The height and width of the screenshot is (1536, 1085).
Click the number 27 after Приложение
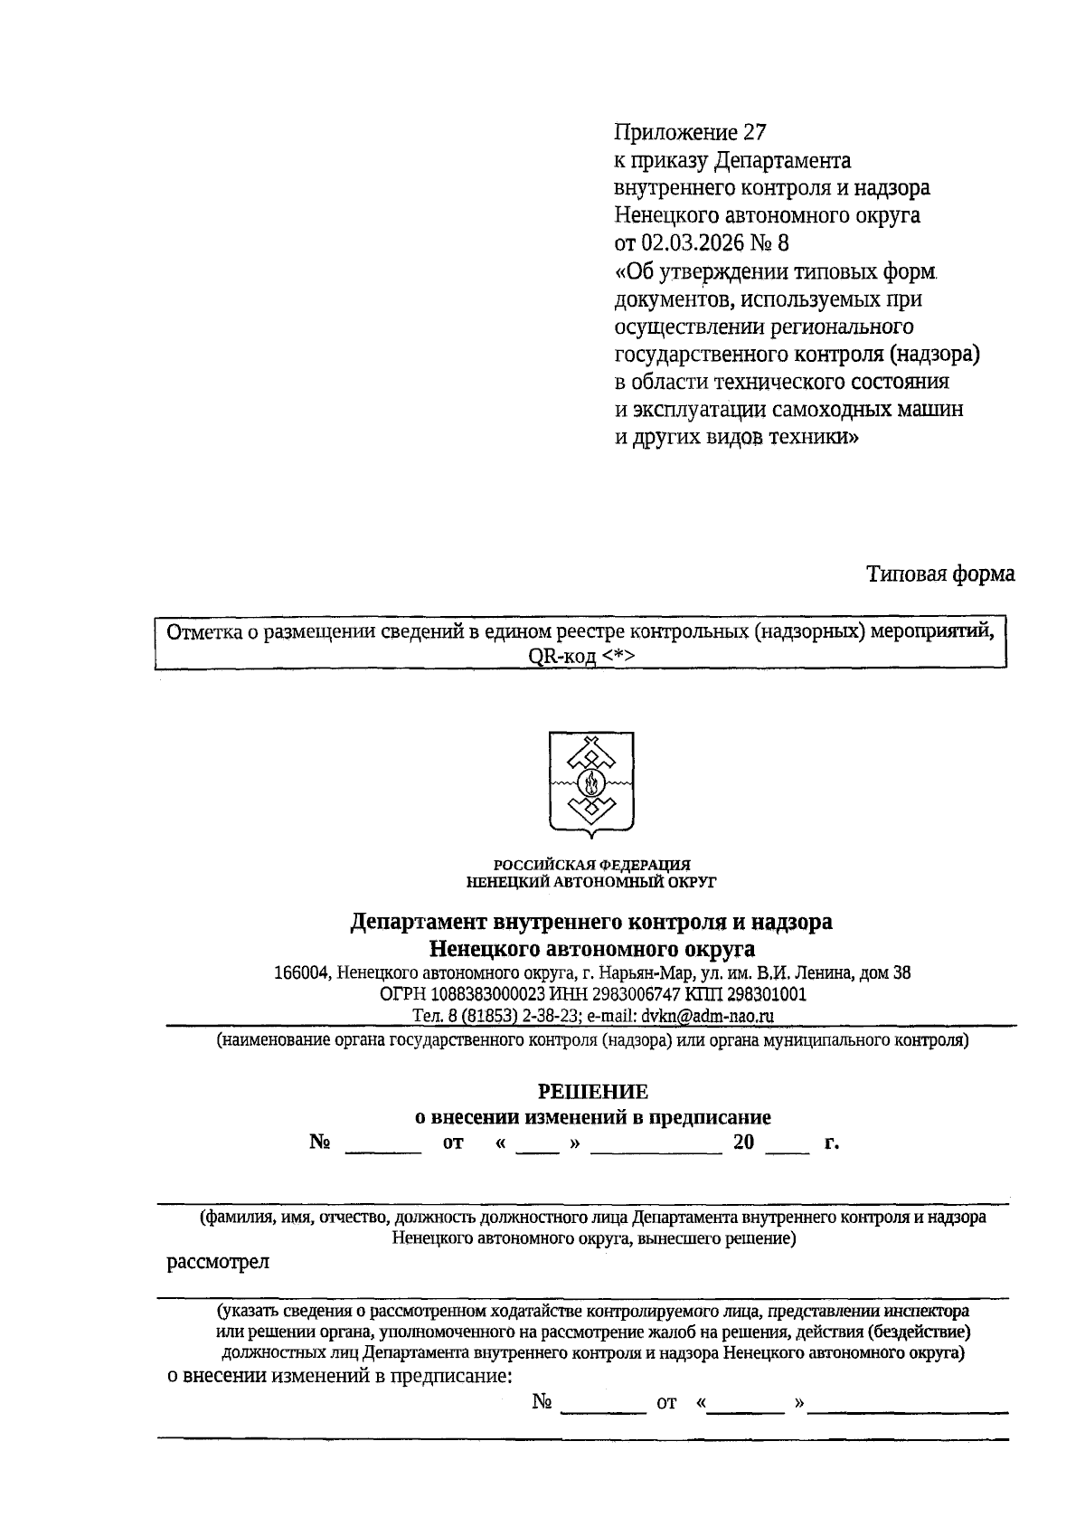754,133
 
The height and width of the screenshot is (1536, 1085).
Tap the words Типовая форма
940,574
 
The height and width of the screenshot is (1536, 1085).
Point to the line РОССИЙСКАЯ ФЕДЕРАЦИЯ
591,865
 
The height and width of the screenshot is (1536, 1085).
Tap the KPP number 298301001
769,995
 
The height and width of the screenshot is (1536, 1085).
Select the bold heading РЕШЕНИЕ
593,1092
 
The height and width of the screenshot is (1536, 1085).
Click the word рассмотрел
218,1262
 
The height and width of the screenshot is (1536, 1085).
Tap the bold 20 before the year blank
743,1143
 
